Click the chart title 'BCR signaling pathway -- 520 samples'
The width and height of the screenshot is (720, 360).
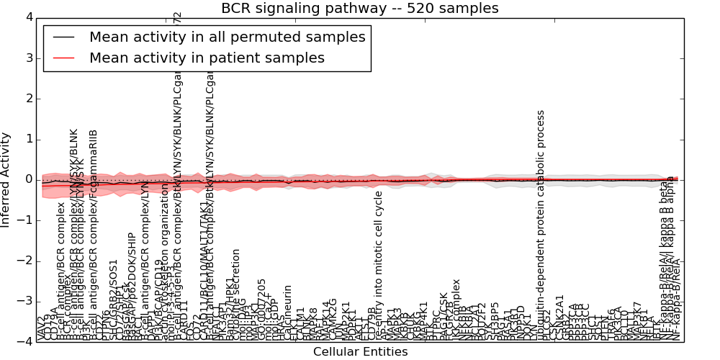tap(359, 9)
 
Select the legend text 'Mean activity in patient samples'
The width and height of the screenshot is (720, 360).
tap(207, 58)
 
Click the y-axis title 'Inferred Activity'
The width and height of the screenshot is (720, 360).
tap(6, 179)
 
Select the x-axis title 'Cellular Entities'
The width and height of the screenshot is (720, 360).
tap(360, 352)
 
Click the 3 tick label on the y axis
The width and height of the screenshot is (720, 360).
tap(28, 58)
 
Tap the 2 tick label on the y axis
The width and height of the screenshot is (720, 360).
tap(28, 99)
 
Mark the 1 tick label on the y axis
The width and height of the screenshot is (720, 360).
tap(28, 139)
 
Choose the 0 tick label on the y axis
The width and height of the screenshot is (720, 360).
tap(28, 179)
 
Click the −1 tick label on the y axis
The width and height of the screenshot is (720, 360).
tap(25, 220)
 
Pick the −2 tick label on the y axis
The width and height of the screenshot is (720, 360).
tap(25, 261)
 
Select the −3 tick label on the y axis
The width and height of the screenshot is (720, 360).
tap(25, 301)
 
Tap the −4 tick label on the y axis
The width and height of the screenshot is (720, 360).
tap(25, 341)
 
